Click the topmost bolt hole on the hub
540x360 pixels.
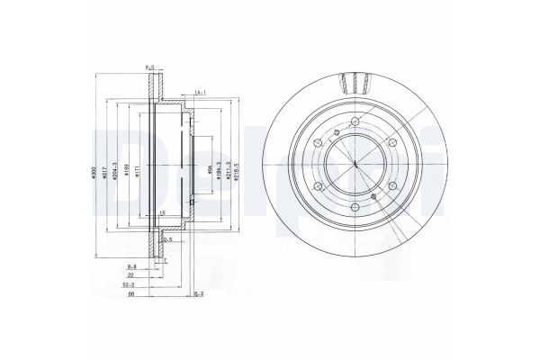(355, 124)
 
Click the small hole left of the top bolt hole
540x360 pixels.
(335, 135)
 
